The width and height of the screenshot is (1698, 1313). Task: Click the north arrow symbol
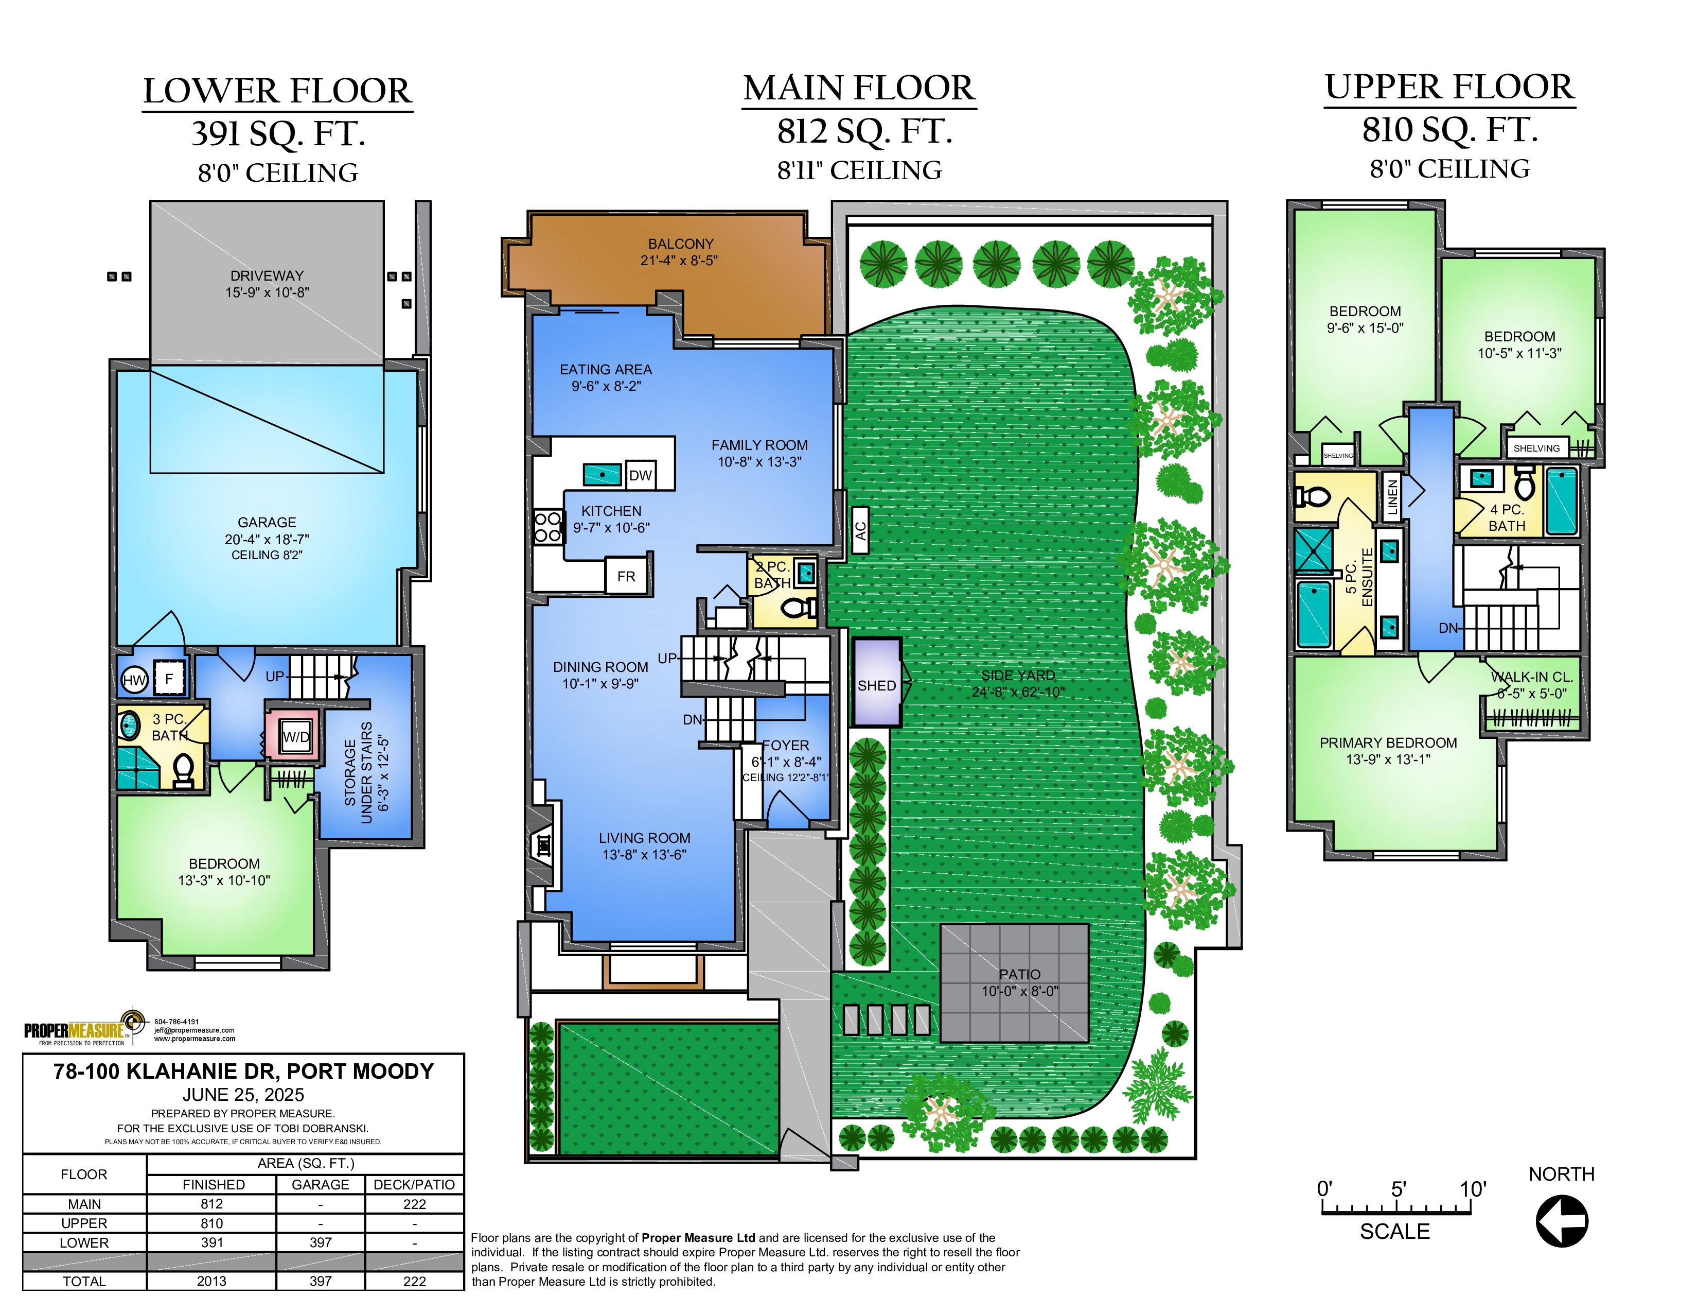(x=1561, y=1220)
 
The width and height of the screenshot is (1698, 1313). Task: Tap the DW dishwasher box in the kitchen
(x=641, y=475)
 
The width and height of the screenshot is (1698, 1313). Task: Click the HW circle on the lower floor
(x=134, y=680)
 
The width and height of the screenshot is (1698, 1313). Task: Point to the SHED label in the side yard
(x=876, y=685)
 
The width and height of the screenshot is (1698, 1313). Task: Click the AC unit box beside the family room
(x=860, y=530)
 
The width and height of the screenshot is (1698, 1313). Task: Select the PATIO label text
(x=1019, y=974)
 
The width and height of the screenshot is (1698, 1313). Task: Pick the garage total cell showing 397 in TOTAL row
(x=321, y=1281)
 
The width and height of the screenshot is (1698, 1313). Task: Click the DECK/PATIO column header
(x=414, y=1184)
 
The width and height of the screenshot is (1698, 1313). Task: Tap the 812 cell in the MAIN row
(x=211, y=1203)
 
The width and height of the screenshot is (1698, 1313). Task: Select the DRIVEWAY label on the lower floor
(x=267, y=275)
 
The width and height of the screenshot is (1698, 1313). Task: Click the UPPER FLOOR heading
(x=1449, y=87)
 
